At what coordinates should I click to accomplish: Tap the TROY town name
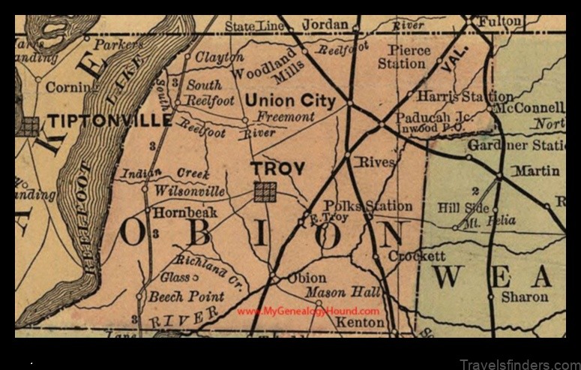277,169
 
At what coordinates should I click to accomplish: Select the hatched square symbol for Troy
265,192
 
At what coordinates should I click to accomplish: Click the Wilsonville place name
189,191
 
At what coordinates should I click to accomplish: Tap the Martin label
535,172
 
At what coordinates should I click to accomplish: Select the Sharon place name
525,296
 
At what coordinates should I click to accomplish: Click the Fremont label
285,117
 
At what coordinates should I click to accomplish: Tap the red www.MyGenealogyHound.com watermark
308,311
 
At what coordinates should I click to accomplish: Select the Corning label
72,87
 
